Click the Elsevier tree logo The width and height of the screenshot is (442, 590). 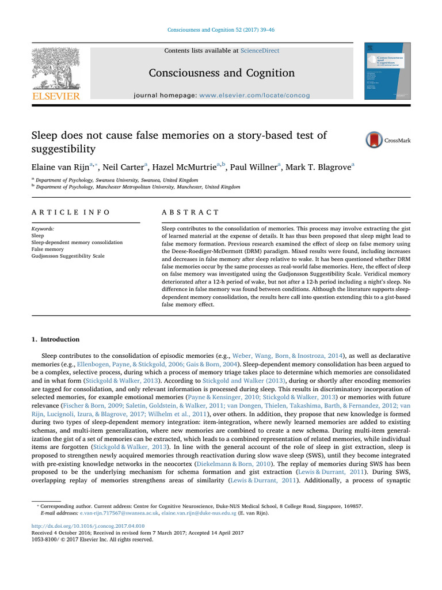pos(56,68)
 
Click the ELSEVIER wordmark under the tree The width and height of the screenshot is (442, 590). pos(56,96)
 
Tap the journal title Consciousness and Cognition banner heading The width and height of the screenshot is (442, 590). pos(222,73)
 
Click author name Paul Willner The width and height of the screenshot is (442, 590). pos(253,167)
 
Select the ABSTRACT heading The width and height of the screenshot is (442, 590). pos(190,212)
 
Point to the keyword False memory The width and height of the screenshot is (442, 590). pos(48,249)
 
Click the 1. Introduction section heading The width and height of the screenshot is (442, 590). pos(55,339)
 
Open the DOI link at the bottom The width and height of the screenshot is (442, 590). pos(87,526)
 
